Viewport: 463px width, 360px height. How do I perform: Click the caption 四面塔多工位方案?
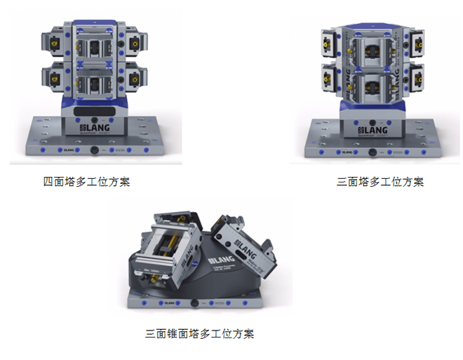(x=86, y=182)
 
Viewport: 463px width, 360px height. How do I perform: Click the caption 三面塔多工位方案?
(x=380, y=182)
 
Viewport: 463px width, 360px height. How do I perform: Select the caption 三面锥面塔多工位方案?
(x=199, y=333)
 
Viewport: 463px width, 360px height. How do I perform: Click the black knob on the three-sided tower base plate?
(x=377, y=150)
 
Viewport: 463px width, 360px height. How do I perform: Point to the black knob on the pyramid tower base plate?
(x=193, y=302)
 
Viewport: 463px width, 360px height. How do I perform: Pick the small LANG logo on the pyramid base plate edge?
(x=167, y=302)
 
